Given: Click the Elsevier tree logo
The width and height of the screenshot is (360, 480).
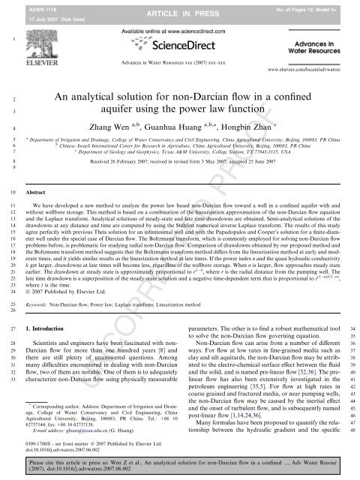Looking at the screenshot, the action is (43, 48).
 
